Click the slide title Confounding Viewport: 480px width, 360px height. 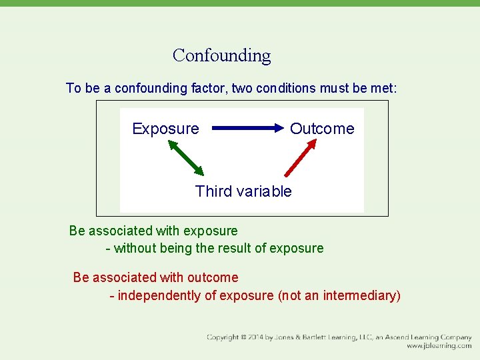[221, 55]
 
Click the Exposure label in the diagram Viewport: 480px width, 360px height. [165, 129]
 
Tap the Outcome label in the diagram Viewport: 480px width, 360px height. [322, 129]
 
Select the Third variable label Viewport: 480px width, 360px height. [243, 191]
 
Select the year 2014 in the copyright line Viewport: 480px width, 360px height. [257, 337]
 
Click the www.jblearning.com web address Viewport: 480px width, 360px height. [439, 346]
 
